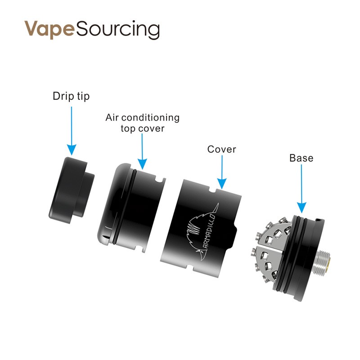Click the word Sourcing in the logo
coord(118,30)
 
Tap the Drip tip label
coord(71,96)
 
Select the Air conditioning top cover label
coord(142,123)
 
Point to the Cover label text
coord(221,149)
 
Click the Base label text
coord(301,158)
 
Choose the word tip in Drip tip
coord(83,96)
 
